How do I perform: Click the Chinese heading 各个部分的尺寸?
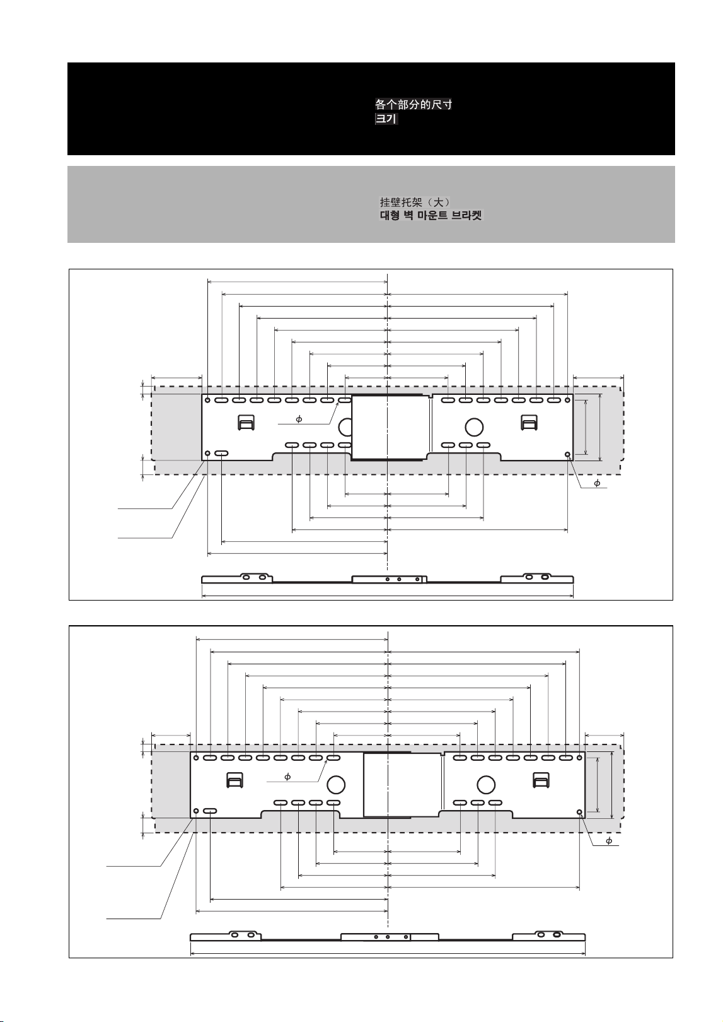(414, 105)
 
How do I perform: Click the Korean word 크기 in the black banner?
(386, 119)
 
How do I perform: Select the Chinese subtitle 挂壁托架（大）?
(415, 202)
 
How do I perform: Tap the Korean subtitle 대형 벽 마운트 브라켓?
(431, 215)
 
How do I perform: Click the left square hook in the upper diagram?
(246, 423)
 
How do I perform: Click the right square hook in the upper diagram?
(529, 423)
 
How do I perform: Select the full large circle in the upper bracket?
(474, 427)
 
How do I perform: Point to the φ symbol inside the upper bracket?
(299, 420)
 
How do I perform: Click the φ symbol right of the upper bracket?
(597, 483)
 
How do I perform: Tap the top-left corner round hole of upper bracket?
(207, 400)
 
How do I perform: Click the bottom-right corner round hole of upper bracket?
(567, 454)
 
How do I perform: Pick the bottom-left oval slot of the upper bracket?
(221, 454)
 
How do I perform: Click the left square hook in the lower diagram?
(234, 780)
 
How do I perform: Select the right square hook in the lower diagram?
(541, 780)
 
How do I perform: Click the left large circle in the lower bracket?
(336, 785)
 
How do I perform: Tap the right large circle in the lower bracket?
(486, 785)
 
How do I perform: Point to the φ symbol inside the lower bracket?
(287, 777)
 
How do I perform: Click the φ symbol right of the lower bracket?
(609, 840)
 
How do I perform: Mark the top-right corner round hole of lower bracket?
(579, 758)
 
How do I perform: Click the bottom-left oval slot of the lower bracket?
(210, 811)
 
